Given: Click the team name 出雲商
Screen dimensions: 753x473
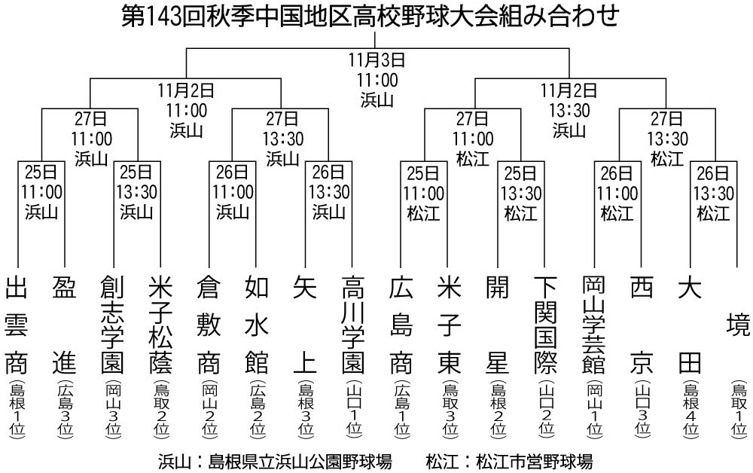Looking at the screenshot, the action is tap(17, 325).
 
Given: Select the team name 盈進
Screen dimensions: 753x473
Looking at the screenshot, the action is tap(64, 325).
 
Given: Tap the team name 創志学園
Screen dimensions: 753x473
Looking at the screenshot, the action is tap(112, 325).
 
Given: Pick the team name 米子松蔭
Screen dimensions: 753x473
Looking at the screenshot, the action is tap(160, 325).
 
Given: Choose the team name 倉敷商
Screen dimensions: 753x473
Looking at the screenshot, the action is tap(209, 325).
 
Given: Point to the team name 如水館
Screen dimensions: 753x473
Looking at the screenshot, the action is tap(257, 325).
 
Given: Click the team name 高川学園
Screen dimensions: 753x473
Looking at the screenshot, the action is tap(353, 325).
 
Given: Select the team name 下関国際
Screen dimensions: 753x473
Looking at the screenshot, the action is tap(545, 325).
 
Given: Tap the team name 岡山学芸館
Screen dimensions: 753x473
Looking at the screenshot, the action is tap(593, 325).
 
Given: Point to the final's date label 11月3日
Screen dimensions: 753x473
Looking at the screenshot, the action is tap(377, 60).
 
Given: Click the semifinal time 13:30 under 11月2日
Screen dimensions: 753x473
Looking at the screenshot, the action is tap(570, 111).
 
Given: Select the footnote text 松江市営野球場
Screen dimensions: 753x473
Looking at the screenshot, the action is tap(534, 462).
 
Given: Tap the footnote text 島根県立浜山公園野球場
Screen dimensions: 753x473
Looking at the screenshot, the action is tap(300, 462).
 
